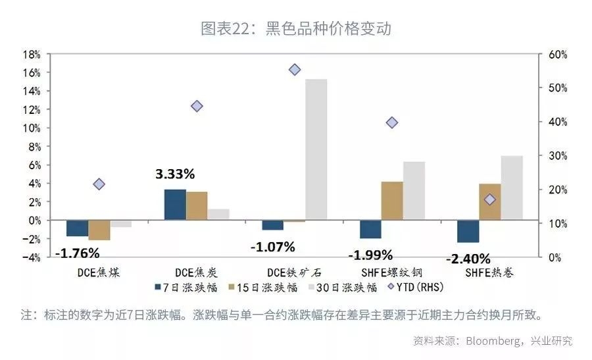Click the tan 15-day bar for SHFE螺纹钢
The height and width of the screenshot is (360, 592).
point(392,201)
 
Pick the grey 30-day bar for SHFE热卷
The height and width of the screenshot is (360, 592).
point(512,188)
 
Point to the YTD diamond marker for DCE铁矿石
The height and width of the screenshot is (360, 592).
point(295,70)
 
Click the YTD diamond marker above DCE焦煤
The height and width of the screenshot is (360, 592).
point(99,184)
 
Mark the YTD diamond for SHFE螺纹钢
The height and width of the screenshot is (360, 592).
point(392,122)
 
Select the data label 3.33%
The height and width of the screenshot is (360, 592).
point(175,174)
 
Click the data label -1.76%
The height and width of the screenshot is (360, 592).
point(77,253)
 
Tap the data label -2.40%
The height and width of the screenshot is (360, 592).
point(468,259)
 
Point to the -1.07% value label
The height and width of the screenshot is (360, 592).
point(272,247)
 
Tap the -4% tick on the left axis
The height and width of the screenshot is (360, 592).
point(32,257)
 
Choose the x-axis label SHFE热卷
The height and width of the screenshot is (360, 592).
point(489,272)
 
